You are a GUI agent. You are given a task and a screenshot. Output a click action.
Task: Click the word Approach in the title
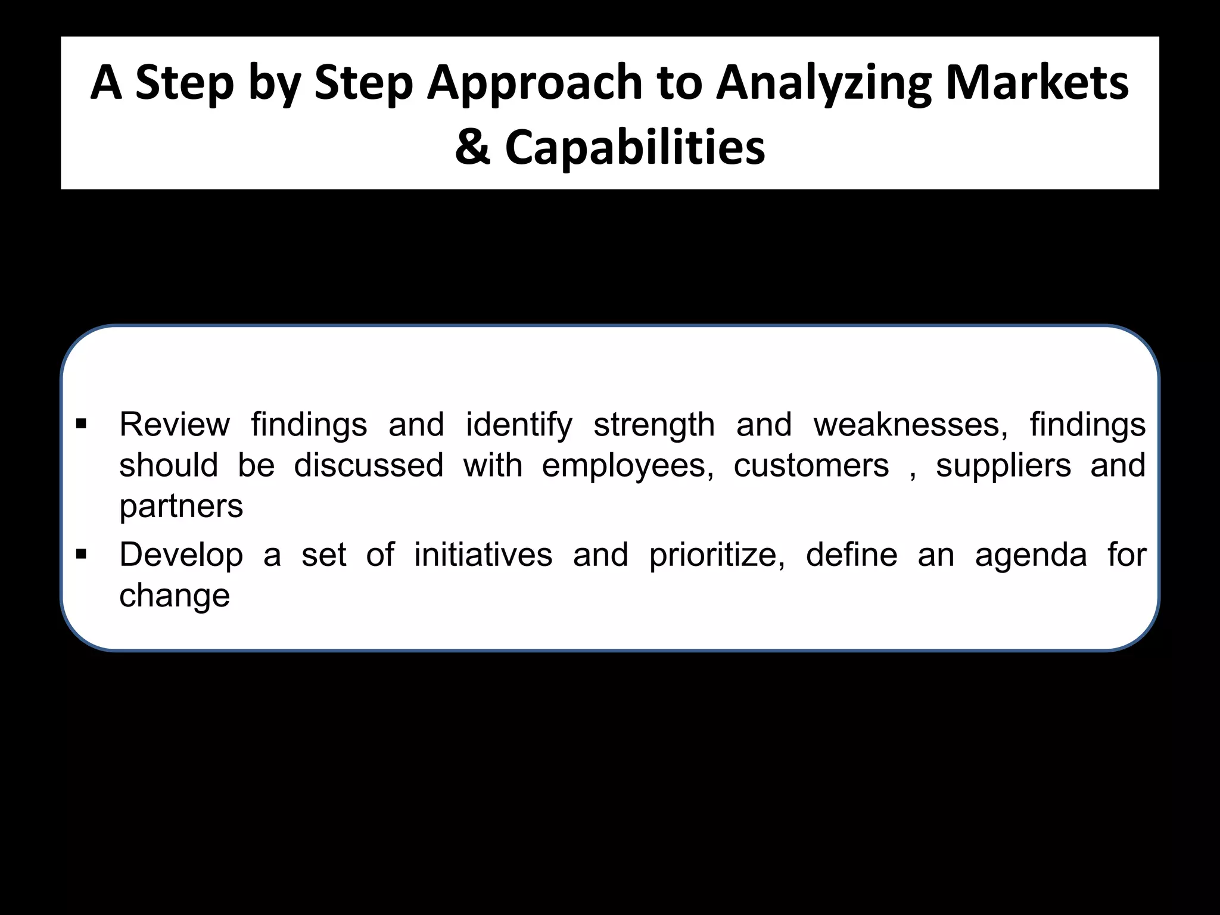point(534,83)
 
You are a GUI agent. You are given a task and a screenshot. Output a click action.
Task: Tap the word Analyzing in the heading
point(823,83)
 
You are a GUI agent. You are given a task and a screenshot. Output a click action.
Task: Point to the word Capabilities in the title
point(635,147)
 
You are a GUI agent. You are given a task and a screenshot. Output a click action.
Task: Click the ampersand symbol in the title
point(472,147)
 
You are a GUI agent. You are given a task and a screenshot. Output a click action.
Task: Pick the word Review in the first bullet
point(175,425)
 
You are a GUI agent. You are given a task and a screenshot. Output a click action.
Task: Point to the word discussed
point(369,465)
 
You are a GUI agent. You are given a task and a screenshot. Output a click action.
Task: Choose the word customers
point(811,466)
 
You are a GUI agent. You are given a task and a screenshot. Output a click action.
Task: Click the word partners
point(181,507)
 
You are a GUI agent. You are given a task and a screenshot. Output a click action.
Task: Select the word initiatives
point(483,555)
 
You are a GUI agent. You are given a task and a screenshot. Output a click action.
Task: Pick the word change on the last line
point(175,596)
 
